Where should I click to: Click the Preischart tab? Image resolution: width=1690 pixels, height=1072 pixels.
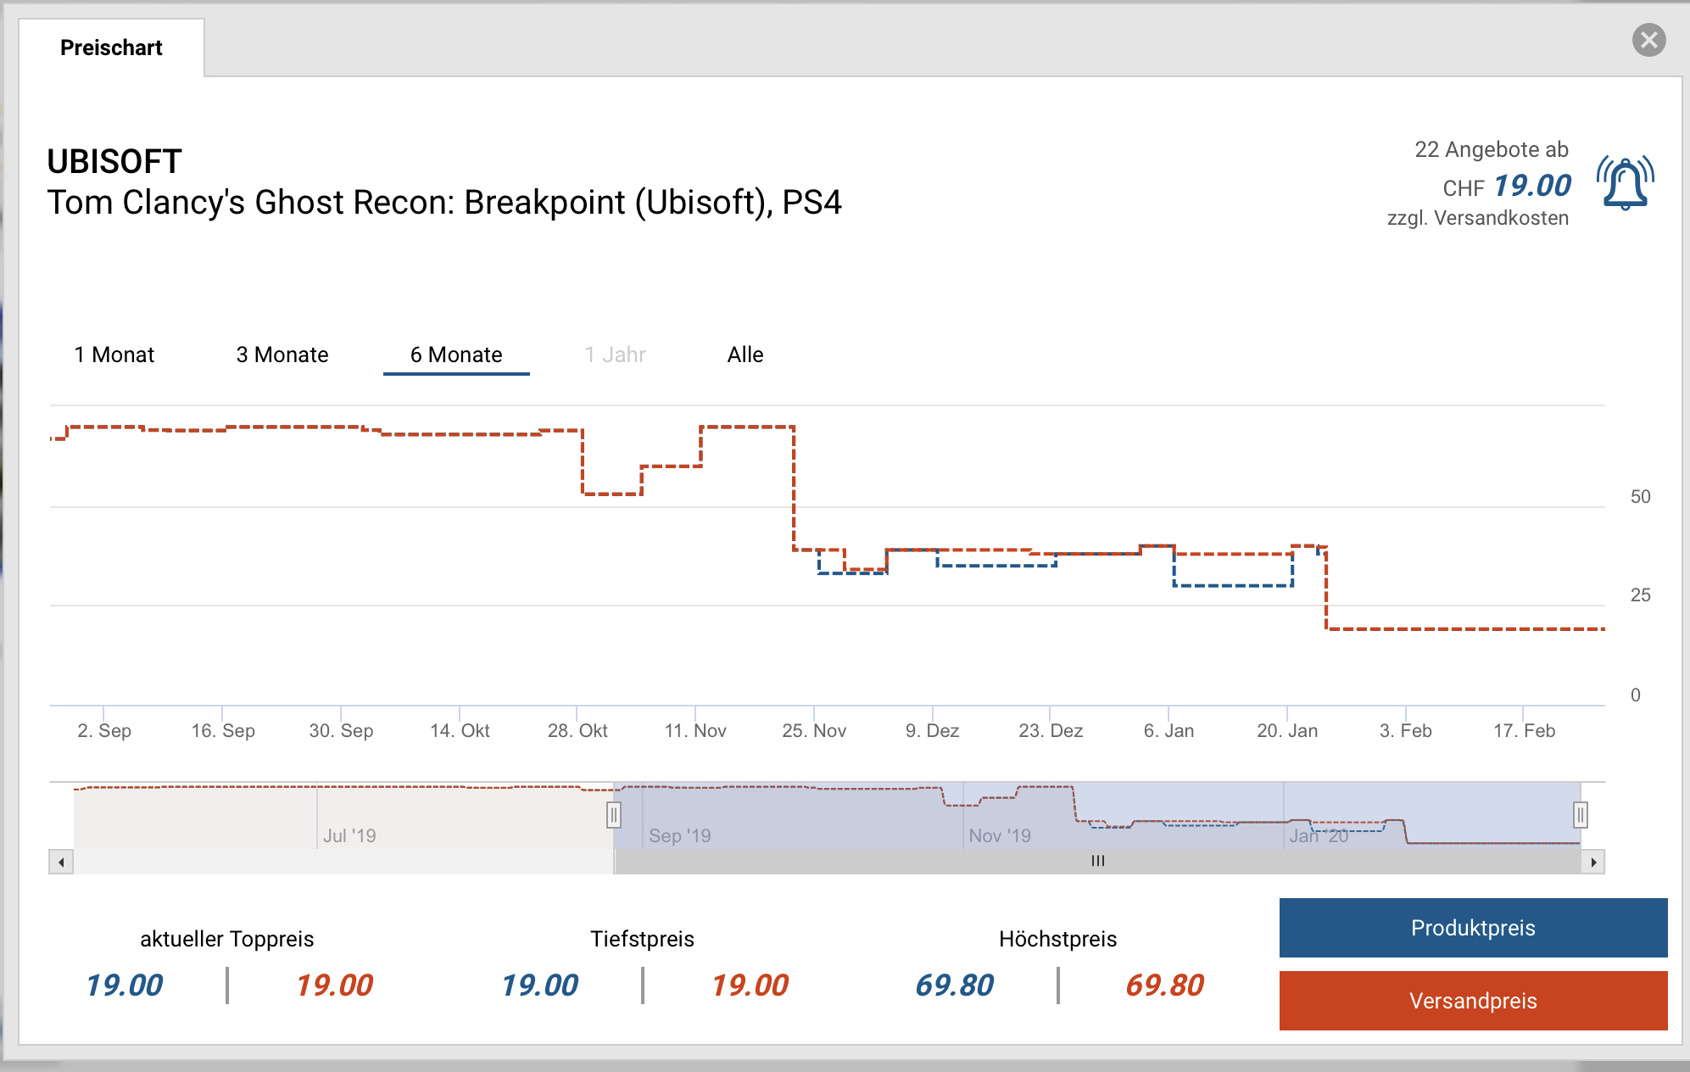tap(111, 47)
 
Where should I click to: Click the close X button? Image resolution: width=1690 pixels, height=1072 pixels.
tap(1648, 40)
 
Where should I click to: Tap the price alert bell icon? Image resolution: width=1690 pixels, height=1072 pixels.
tap(1625, 182)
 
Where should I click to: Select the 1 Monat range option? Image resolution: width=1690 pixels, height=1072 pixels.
tap(114, 355)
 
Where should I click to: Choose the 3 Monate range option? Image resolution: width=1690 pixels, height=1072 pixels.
tap(282, 355)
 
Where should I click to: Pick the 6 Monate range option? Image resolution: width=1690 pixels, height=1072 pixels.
tap(456, 355)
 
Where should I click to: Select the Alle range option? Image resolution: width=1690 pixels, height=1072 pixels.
tap(745, 355)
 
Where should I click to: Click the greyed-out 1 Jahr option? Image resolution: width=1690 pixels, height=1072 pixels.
tap(615, 355)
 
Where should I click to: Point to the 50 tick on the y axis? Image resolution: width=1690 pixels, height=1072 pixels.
tap(1640, 497)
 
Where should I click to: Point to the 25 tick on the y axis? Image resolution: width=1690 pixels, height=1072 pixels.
tap(1640, 595)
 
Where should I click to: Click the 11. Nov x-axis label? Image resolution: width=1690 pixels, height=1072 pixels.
tap(695, 731)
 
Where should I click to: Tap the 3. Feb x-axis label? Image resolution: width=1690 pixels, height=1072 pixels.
tap(1405, 731)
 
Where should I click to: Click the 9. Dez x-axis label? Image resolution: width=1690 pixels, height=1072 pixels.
tap(932, 731)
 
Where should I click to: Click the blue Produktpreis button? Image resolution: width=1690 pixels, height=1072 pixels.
tap(1473, 928)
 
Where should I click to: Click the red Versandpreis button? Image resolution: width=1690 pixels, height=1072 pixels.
tap(1473, 1001)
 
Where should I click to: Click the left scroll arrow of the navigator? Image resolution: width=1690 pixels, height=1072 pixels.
tap(61, 863)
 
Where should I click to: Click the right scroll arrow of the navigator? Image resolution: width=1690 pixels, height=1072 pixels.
tap(1593, 863)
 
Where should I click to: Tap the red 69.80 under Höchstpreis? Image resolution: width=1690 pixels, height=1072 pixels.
tap(1164, 985)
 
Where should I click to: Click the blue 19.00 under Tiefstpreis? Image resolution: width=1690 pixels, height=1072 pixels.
tap(539, 985)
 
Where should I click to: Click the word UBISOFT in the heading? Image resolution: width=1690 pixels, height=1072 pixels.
tap(114, 161)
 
